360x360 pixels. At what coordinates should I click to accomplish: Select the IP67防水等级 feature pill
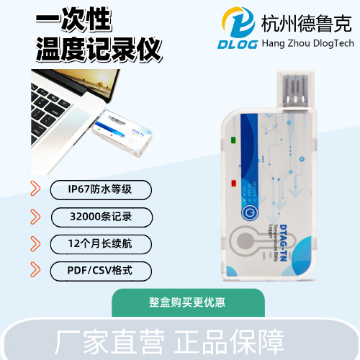click(x=100, y=189)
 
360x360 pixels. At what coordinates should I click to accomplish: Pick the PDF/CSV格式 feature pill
click(x=100, y=271)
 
